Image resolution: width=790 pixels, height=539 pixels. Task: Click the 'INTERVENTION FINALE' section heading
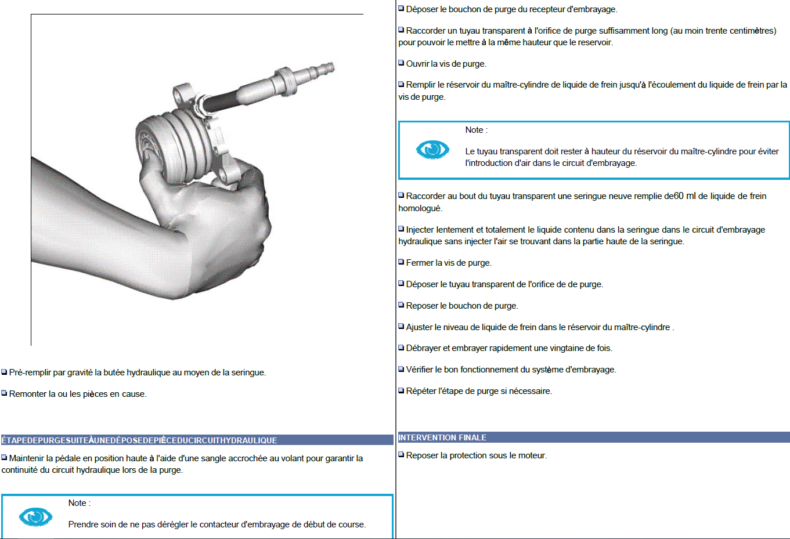[x=442, y=437]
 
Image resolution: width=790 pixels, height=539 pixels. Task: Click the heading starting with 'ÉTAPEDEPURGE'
[x=139, y=440]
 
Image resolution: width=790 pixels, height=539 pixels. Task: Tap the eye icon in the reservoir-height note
[x=433, y=150]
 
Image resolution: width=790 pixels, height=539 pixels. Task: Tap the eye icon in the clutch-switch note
[x=35, y=517]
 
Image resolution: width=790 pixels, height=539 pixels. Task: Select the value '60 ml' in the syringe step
[x=685, y=196]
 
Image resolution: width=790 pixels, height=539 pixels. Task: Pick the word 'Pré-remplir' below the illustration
[x=30, y=372]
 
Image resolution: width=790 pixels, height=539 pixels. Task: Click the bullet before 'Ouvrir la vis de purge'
[x=401, y=63]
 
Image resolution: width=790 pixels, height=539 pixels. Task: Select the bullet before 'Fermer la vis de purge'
[x=401, y=262]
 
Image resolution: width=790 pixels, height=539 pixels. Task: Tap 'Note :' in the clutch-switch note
[x=80, y=503]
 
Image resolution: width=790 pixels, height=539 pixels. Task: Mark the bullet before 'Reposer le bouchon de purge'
[x=401, y=305]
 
